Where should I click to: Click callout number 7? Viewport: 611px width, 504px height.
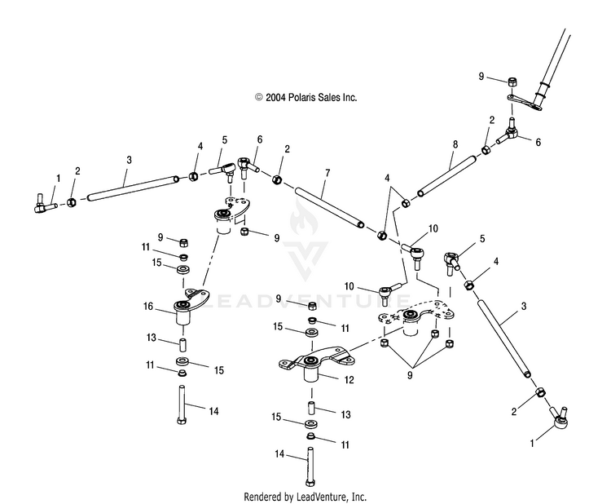tap(327, 173)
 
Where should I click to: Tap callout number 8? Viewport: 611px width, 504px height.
tap(455, 144)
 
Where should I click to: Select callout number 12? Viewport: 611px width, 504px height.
tap(349, 379)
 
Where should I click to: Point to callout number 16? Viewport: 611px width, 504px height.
tap(148, 306)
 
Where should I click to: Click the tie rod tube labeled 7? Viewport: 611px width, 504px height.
tap(330, 207)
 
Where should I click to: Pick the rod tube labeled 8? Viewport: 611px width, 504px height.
tap(446, 176)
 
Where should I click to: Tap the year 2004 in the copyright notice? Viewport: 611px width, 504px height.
tap(275, 97)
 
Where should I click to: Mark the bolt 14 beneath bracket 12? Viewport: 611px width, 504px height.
tap(310, 466)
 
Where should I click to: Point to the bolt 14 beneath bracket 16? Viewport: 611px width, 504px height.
tap(182, 405)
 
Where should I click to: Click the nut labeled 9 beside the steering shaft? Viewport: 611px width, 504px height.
tap(512, 82)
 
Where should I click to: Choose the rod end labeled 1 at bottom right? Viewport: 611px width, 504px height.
tap(558, 418)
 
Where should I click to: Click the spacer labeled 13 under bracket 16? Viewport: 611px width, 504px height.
tap(182, 346)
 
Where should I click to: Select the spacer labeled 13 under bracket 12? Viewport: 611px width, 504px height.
tap(311, 409)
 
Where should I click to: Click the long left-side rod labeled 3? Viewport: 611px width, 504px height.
tap(133, 188)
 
